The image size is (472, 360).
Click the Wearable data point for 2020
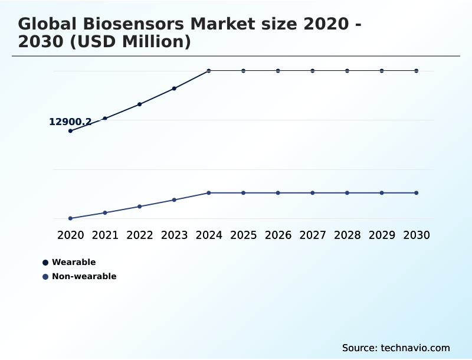click(x=70, y=131)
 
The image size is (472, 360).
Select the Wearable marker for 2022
click(x=139, y=104)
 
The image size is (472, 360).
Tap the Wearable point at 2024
click(x=209, y=71)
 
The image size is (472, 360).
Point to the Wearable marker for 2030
click(x=417, y=71)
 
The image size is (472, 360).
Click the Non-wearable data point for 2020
click(x=70, y=218)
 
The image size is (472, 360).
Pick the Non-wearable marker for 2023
click(x=174, y=200)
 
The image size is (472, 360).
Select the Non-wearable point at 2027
click(x=313, y=193)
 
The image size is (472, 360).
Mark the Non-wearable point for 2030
click(x=417, y=193)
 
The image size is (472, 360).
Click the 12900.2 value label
click(x=70, y=122)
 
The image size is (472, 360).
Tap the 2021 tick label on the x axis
click(x=105, y=235)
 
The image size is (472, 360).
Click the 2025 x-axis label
click(x=243, y=235)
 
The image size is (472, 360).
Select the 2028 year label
click(x=347, y=235)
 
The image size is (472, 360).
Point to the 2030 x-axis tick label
click(x=417, y=235)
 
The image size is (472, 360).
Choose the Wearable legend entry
click(x=73, y=263)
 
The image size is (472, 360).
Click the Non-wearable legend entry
click(x=84, y=277)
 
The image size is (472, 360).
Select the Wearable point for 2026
click(x=278, y=71)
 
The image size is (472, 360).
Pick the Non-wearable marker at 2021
click(x=105, y=212)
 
